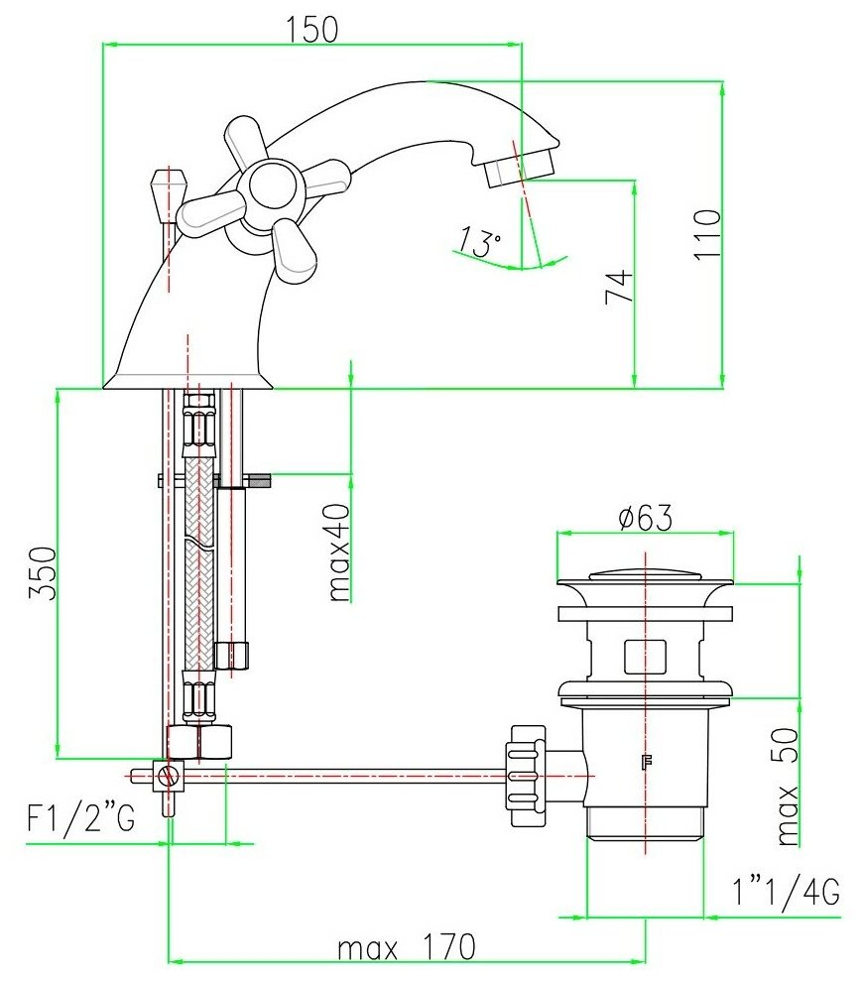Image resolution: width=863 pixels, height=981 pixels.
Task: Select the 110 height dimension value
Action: (707, 233)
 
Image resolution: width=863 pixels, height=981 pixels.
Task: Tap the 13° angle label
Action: (479, 241)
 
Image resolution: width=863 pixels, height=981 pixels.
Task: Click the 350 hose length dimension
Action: (43, 573)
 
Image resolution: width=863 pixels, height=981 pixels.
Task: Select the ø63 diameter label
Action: (645, 518)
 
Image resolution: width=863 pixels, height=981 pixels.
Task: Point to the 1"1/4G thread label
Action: (786, 891)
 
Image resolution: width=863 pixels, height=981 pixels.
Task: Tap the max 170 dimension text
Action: (406, 947)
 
